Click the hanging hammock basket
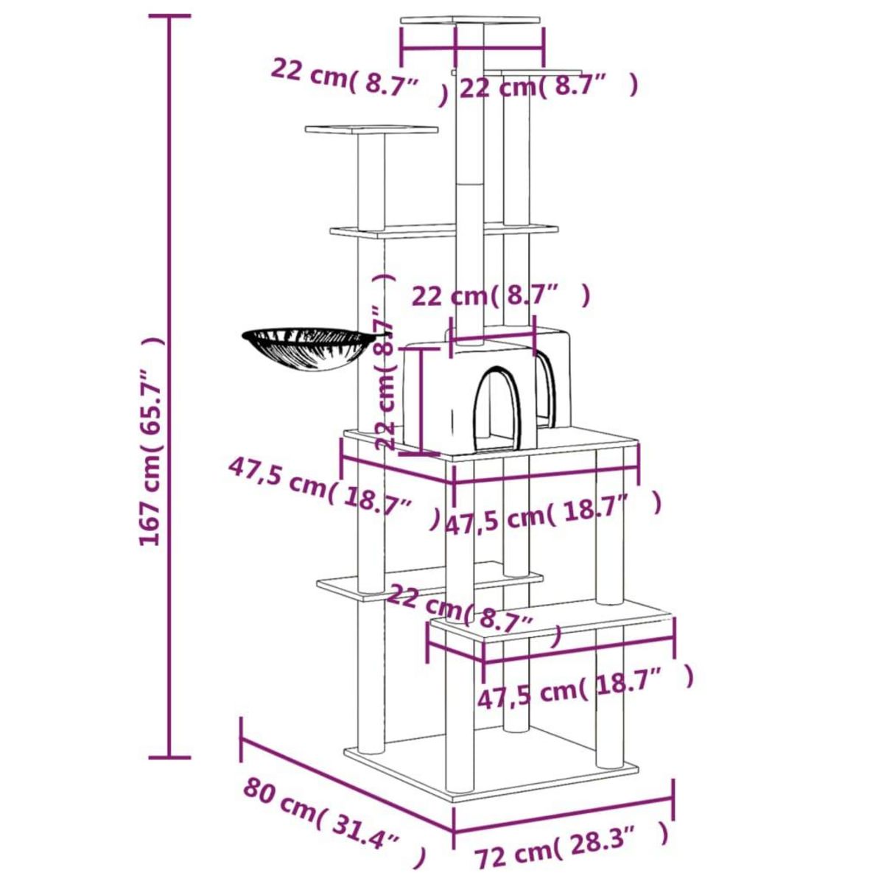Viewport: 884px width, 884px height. point(307,349)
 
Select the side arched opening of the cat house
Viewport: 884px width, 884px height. point(544,387)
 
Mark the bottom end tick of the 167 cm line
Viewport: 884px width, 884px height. point(170,757)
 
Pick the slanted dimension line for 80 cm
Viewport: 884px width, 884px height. point(346,781)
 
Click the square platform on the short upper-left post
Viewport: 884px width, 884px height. point(371,131)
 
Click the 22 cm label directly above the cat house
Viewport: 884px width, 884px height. point(501,296)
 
